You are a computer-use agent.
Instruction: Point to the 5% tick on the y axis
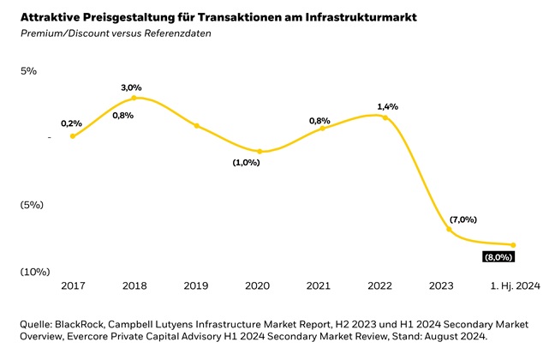click(x=29, y=71)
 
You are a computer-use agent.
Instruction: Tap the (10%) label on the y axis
click(x=34, y=272)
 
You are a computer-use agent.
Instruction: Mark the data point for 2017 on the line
click(x=72, y=136)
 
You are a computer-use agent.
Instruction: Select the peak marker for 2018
click(x=134, y=98)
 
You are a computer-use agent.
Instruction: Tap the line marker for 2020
click(x=260, y=152)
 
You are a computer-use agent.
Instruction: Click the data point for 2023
click(x=449, y=230)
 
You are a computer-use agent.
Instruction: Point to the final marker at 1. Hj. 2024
click(x=512, y=245)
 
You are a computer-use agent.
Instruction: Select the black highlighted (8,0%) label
click(x=498, y=256)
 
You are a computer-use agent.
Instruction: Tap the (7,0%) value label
click(x=462, y=219)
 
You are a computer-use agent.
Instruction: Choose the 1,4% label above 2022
click(x=387, y=106)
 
